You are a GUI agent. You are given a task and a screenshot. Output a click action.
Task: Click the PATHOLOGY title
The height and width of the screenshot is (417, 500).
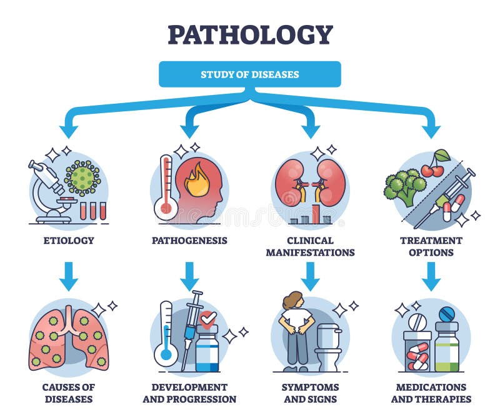(x=250, y=34)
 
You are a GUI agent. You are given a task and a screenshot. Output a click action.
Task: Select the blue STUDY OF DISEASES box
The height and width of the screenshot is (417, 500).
(x=250, y=74)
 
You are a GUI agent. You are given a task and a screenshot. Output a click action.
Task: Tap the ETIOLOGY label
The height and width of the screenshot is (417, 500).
(x=69, y=240)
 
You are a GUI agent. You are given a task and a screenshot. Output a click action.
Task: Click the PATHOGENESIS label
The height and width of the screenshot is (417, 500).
(x=189, y=240)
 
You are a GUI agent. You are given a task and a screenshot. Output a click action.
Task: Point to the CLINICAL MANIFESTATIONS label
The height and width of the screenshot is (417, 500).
(x=311, y=246)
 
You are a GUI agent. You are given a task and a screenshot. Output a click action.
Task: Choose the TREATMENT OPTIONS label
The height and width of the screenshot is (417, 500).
(x=431, y=246)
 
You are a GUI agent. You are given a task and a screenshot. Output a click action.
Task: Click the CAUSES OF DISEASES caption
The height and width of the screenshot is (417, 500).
(x=69, y=393)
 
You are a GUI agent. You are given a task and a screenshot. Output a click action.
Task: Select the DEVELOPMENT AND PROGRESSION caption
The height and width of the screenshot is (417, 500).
(x=189, y=393)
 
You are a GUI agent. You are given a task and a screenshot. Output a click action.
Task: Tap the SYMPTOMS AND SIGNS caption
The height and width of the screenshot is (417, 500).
(x=311, y=393)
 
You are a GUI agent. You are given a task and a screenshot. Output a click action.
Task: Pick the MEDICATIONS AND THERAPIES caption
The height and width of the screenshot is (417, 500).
(x=431, y=393)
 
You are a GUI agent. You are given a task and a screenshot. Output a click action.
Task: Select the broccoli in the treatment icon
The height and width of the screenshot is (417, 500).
(x=405, y=187)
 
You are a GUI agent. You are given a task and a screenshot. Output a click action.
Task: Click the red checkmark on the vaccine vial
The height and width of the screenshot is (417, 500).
(x=209, y=318)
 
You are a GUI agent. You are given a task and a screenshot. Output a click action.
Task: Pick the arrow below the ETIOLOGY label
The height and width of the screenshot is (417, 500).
(x=69, y=276)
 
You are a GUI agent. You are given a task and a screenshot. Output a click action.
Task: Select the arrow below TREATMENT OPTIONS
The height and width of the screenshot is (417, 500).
(x=431, y=276)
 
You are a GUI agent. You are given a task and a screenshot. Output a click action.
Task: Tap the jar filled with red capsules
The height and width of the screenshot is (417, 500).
(x=417, y=351)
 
